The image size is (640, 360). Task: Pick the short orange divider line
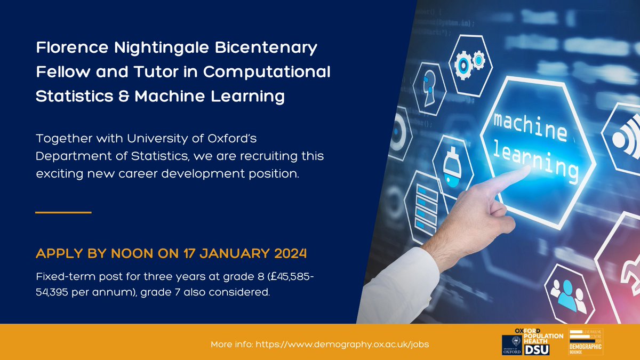coord(63,212)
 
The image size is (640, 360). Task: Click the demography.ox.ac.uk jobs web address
coord(342,344)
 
